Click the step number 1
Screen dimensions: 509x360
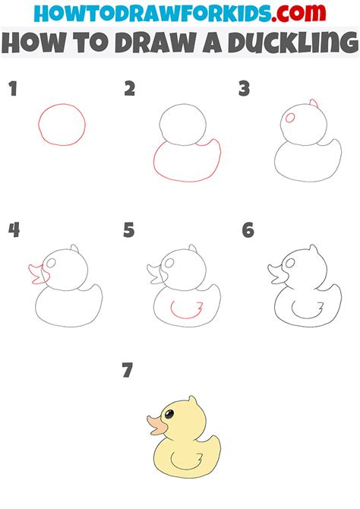click(12, 90)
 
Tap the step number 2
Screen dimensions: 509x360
click(130, 90)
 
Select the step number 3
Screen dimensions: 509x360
click(244, 90)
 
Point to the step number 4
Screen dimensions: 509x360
click(13, 230)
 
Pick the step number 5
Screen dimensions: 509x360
click(129, 230)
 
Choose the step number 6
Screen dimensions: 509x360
click(248, 230)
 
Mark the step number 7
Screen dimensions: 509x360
click(127, 371)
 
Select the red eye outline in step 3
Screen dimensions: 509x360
click(290, 118)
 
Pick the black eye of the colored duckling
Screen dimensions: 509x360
click(169, 413)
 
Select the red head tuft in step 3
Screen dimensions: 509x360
click(314, 103)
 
